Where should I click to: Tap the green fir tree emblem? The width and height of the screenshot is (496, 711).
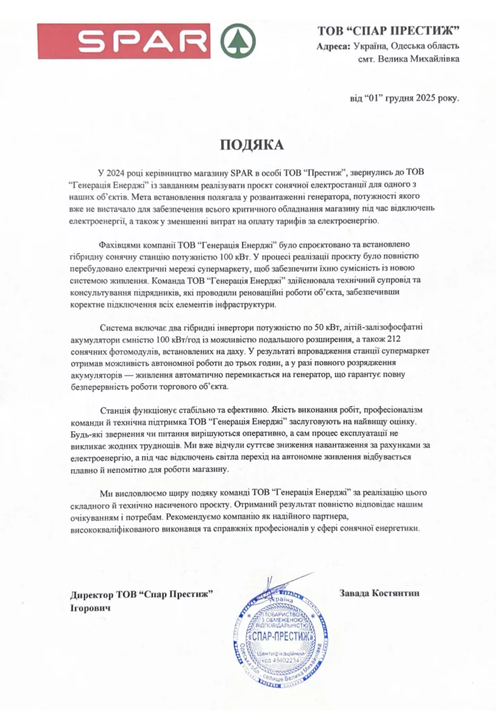pos(237,41)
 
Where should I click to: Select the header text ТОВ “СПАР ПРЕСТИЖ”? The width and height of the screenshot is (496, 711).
pos(388,31)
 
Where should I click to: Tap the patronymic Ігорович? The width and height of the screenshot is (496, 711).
pos(90,608)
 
